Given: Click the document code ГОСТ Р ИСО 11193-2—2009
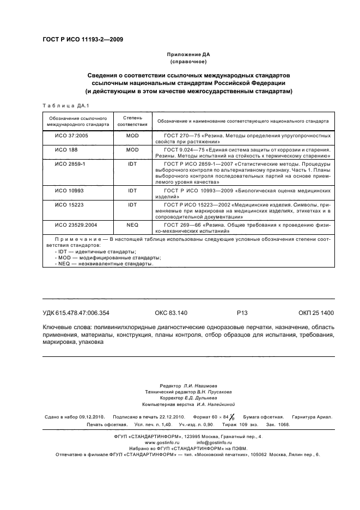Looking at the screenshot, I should coord(82,40).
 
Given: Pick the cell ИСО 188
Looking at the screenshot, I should coord(66,149).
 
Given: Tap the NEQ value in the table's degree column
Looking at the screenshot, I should coord(132,224).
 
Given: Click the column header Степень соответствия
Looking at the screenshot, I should coord(132,120).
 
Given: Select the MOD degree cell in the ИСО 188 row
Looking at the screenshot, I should coord(132,149).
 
